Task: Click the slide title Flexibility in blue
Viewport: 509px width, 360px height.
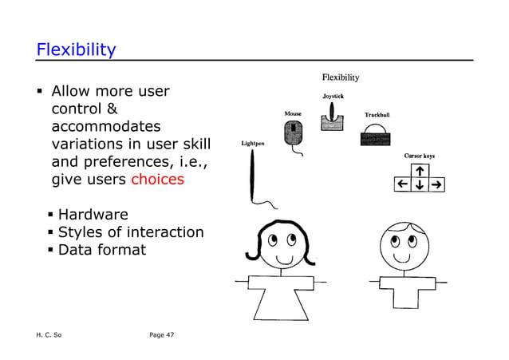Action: point(76,49)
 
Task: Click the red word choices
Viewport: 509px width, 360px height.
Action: point(157,179)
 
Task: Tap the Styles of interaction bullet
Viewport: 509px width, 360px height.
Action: point(130,232)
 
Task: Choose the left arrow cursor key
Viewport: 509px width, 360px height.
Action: point(404,185)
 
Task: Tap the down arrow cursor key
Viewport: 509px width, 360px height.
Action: point(420,185)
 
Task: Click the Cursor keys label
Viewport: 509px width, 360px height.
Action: point(419,156)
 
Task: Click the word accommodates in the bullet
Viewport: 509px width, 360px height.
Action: point(105,126)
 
